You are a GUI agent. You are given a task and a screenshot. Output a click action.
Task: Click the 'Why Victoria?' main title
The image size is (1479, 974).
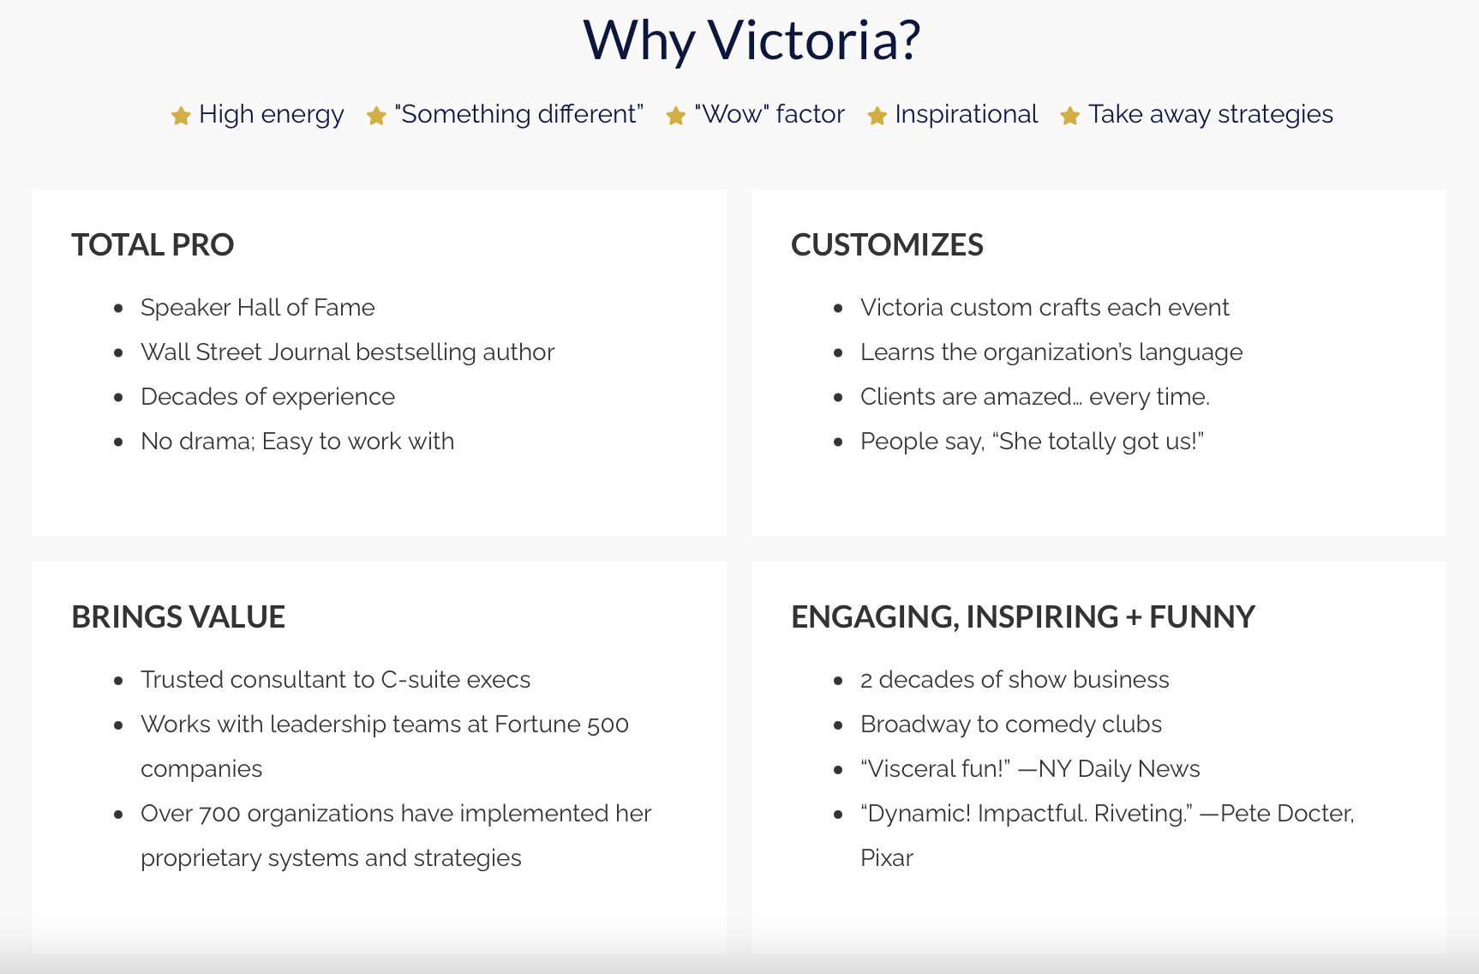tap(751, 40)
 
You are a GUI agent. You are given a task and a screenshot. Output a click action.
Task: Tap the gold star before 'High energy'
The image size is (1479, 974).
tap(181, 116)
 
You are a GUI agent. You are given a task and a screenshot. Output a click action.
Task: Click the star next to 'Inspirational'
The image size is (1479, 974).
tap(877, 116)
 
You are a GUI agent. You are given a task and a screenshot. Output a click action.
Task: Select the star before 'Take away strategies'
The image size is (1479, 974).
tap(1070, 116)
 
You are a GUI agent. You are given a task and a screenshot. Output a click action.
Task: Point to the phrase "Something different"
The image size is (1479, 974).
tap(518, 114)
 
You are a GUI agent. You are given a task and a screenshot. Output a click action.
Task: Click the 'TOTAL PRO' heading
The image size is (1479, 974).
tap(153, 245)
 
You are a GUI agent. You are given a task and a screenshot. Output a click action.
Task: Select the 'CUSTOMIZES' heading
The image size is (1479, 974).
tap(887, 245)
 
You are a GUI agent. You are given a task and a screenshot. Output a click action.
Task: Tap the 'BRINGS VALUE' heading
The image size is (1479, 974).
tap(178, 617)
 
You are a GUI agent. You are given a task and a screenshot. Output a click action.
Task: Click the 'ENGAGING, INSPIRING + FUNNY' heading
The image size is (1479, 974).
tap(1023, 617)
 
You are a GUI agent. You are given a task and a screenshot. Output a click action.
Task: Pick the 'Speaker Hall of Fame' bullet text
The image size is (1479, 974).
tap(258, 308)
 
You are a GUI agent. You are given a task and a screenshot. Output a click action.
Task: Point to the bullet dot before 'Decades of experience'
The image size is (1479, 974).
tap(119, 398)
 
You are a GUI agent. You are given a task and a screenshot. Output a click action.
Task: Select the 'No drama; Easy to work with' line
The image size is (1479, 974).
tap(297, 442)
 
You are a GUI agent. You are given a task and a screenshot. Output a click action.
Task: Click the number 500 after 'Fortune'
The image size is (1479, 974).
tap(608, 725)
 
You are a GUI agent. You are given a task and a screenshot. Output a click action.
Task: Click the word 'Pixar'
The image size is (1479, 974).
tap(887, 858)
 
